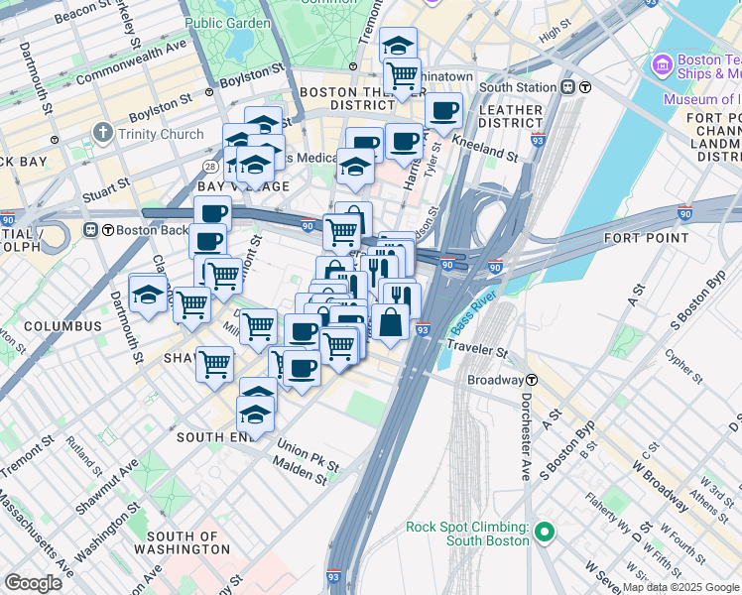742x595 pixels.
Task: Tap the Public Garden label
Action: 227,23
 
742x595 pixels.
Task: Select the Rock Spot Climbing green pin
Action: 543,534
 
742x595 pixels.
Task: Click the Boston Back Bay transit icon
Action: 91,230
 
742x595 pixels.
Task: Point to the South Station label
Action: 517,87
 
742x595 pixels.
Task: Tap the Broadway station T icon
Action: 532,380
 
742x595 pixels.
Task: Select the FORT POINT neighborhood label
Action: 646,238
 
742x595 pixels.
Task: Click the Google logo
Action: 34,582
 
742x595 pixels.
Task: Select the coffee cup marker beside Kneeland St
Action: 443,110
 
